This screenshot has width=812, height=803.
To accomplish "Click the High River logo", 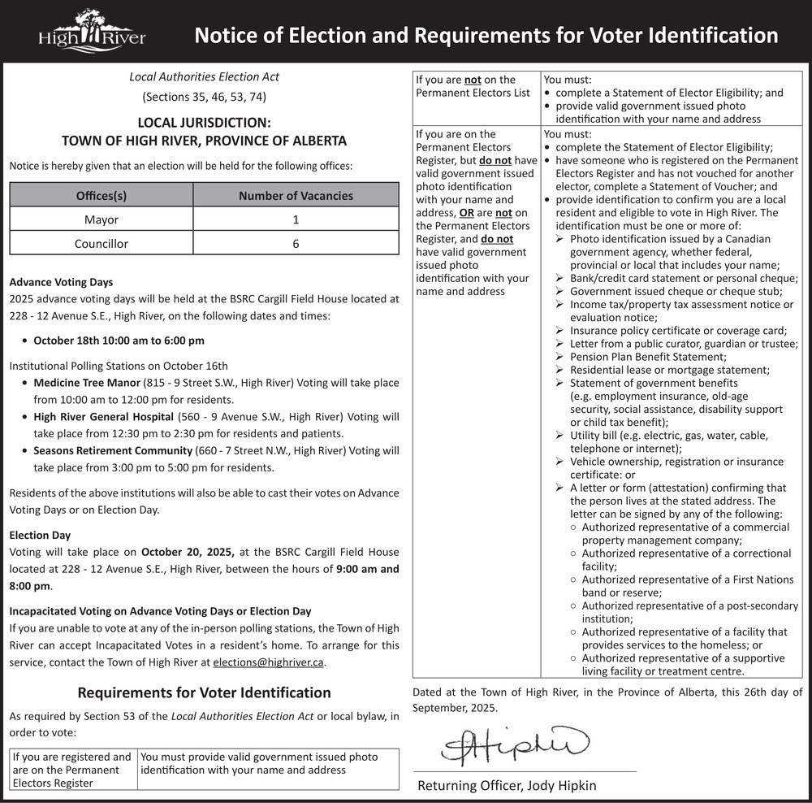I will click(x=92, y=32).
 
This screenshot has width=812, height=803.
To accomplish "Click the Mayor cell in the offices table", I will click(x=101, y=219).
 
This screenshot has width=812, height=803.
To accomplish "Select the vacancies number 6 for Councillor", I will click(x=296, y=243).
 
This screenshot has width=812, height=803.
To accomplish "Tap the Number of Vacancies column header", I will click(x=296, y=195).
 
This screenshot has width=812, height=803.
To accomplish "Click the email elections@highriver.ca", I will click(x=268, y=662).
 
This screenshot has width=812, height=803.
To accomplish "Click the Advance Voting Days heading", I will click(x=61, y=282).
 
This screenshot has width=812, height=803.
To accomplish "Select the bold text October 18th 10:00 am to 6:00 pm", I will click(x=119, y=341).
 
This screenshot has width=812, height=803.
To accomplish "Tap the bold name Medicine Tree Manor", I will click(x=87, y=382).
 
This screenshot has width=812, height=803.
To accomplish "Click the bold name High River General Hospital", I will click(x=103, y=417).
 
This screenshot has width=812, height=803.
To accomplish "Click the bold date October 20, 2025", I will click(x=188, y=552).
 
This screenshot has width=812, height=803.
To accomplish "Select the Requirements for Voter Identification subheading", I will click(x=204, y=692).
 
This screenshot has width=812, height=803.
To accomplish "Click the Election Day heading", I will click(x=40, y=535).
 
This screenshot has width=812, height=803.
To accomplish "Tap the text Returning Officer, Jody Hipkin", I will click(x=507, y=785).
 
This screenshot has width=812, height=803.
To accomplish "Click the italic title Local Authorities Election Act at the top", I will click(x=204, y=76).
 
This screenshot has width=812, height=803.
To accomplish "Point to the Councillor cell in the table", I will click(x=101, y=243).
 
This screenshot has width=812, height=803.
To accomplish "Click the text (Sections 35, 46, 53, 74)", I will click(x=204, y=98).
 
